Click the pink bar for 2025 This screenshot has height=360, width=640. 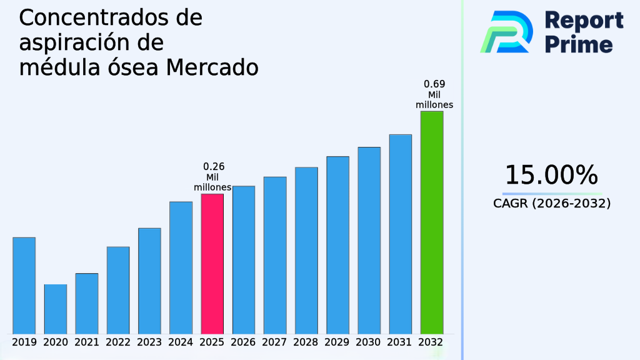(212, 263)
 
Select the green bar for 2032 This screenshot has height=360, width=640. (431, 222)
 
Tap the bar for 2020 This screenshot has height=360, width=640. (55, 309)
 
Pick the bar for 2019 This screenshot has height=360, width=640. (24, 285)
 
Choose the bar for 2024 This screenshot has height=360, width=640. (181, 267)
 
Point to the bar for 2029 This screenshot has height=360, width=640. (337, 244)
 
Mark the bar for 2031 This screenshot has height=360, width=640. (400, 234)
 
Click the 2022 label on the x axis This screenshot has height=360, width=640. (118, 342)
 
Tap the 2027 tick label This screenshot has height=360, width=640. (275, 342)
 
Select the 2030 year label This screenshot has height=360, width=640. (369, 342)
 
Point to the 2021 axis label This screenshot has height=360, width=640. (87, 342)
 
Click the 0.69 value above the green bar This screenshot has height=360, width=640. (434, 84)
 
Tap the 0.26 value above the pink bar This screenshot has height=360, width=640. (214, 167)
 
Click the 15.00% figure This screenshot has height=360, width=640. (551, 175)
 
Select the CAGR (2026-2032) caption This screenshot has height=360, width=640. (551, 203)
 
